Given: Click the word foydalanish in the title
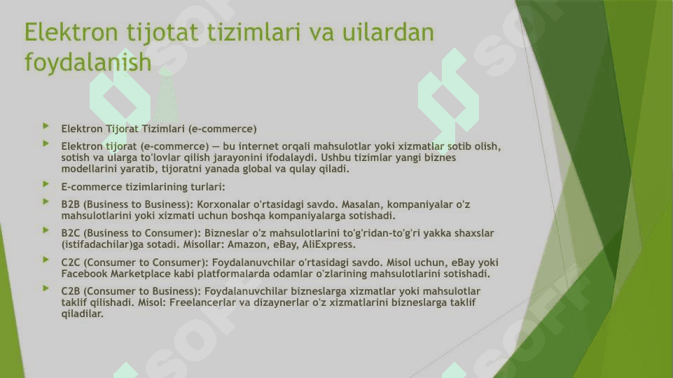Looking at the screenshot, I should [x=88, y=62].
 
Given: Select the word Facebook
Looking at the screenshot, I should [x=84, y=274].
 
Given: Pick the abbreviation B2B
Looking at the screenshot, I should [x=70, y=204].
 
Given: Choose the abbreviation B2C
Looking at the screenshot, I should [x=70, y=233].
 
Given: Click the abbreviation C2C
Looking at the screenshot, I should [x=70, y=262].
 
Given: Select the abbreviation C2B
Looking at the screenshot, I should [x=70, y=291].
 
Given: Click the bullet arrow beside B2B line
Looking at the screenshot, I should [x=46, y=202].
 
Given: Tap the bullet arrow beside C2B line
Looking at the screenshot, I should [x=46, y=288].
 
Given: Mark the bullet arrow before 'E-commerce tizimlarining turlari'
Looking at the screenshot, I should [x=46, y=184].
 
